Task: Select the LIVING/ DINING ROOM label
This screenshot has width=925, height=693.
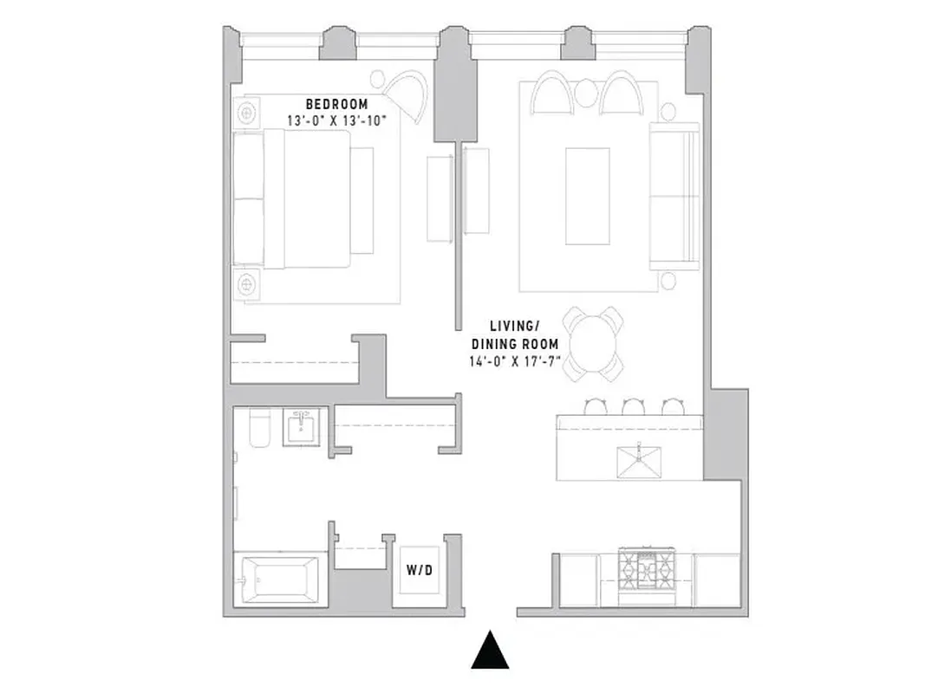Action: (515, 334)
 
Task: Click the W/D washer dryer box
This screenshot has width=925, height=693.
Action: (420, 571)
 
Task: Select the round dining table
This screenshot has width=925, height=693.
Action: (593, 342)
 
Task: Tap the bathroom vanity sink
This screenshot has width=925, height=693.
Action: (303, 425)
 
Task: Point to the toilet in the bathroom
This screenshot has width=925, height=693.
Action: (258, 428)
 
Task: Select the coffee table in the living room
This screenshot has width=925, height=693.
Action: (587, 196)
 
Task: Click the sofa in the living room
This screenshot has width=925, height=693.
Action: (675, 196)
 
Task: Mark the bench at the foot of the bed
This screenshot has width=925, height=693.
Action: (362, 200)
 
